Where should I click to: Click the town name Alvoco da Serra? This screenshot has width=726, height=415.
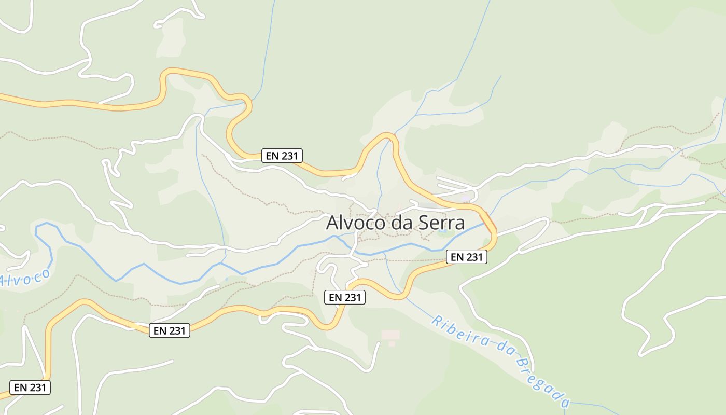click(x=395, y=223)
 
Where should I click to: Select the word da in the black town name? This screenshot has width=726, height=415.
click(x=398, y=223)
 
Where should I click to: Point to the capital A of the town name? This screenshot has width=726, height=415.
click(x=332, y=223)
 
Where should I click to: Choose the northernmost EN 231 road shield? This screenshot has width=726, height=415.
click(x=282, y=155)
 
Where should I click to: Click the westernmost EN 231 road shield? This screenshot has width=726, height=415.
click(x=30, y=387)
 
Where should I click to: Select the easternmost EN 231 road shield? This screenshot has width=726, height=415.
click(x=467, y=257)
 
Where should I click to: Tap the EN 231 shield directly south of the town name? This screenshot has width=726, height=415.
click(x=345, y=297)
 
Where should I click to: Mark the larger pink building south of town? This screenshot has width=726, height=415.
click(x=391, y=335)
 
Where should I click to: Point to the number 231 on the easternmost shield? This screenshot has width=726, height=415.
click(x=473, y=257)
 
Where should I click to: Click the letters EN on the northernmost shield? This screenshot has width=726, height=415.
click(x=272, y=155)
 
